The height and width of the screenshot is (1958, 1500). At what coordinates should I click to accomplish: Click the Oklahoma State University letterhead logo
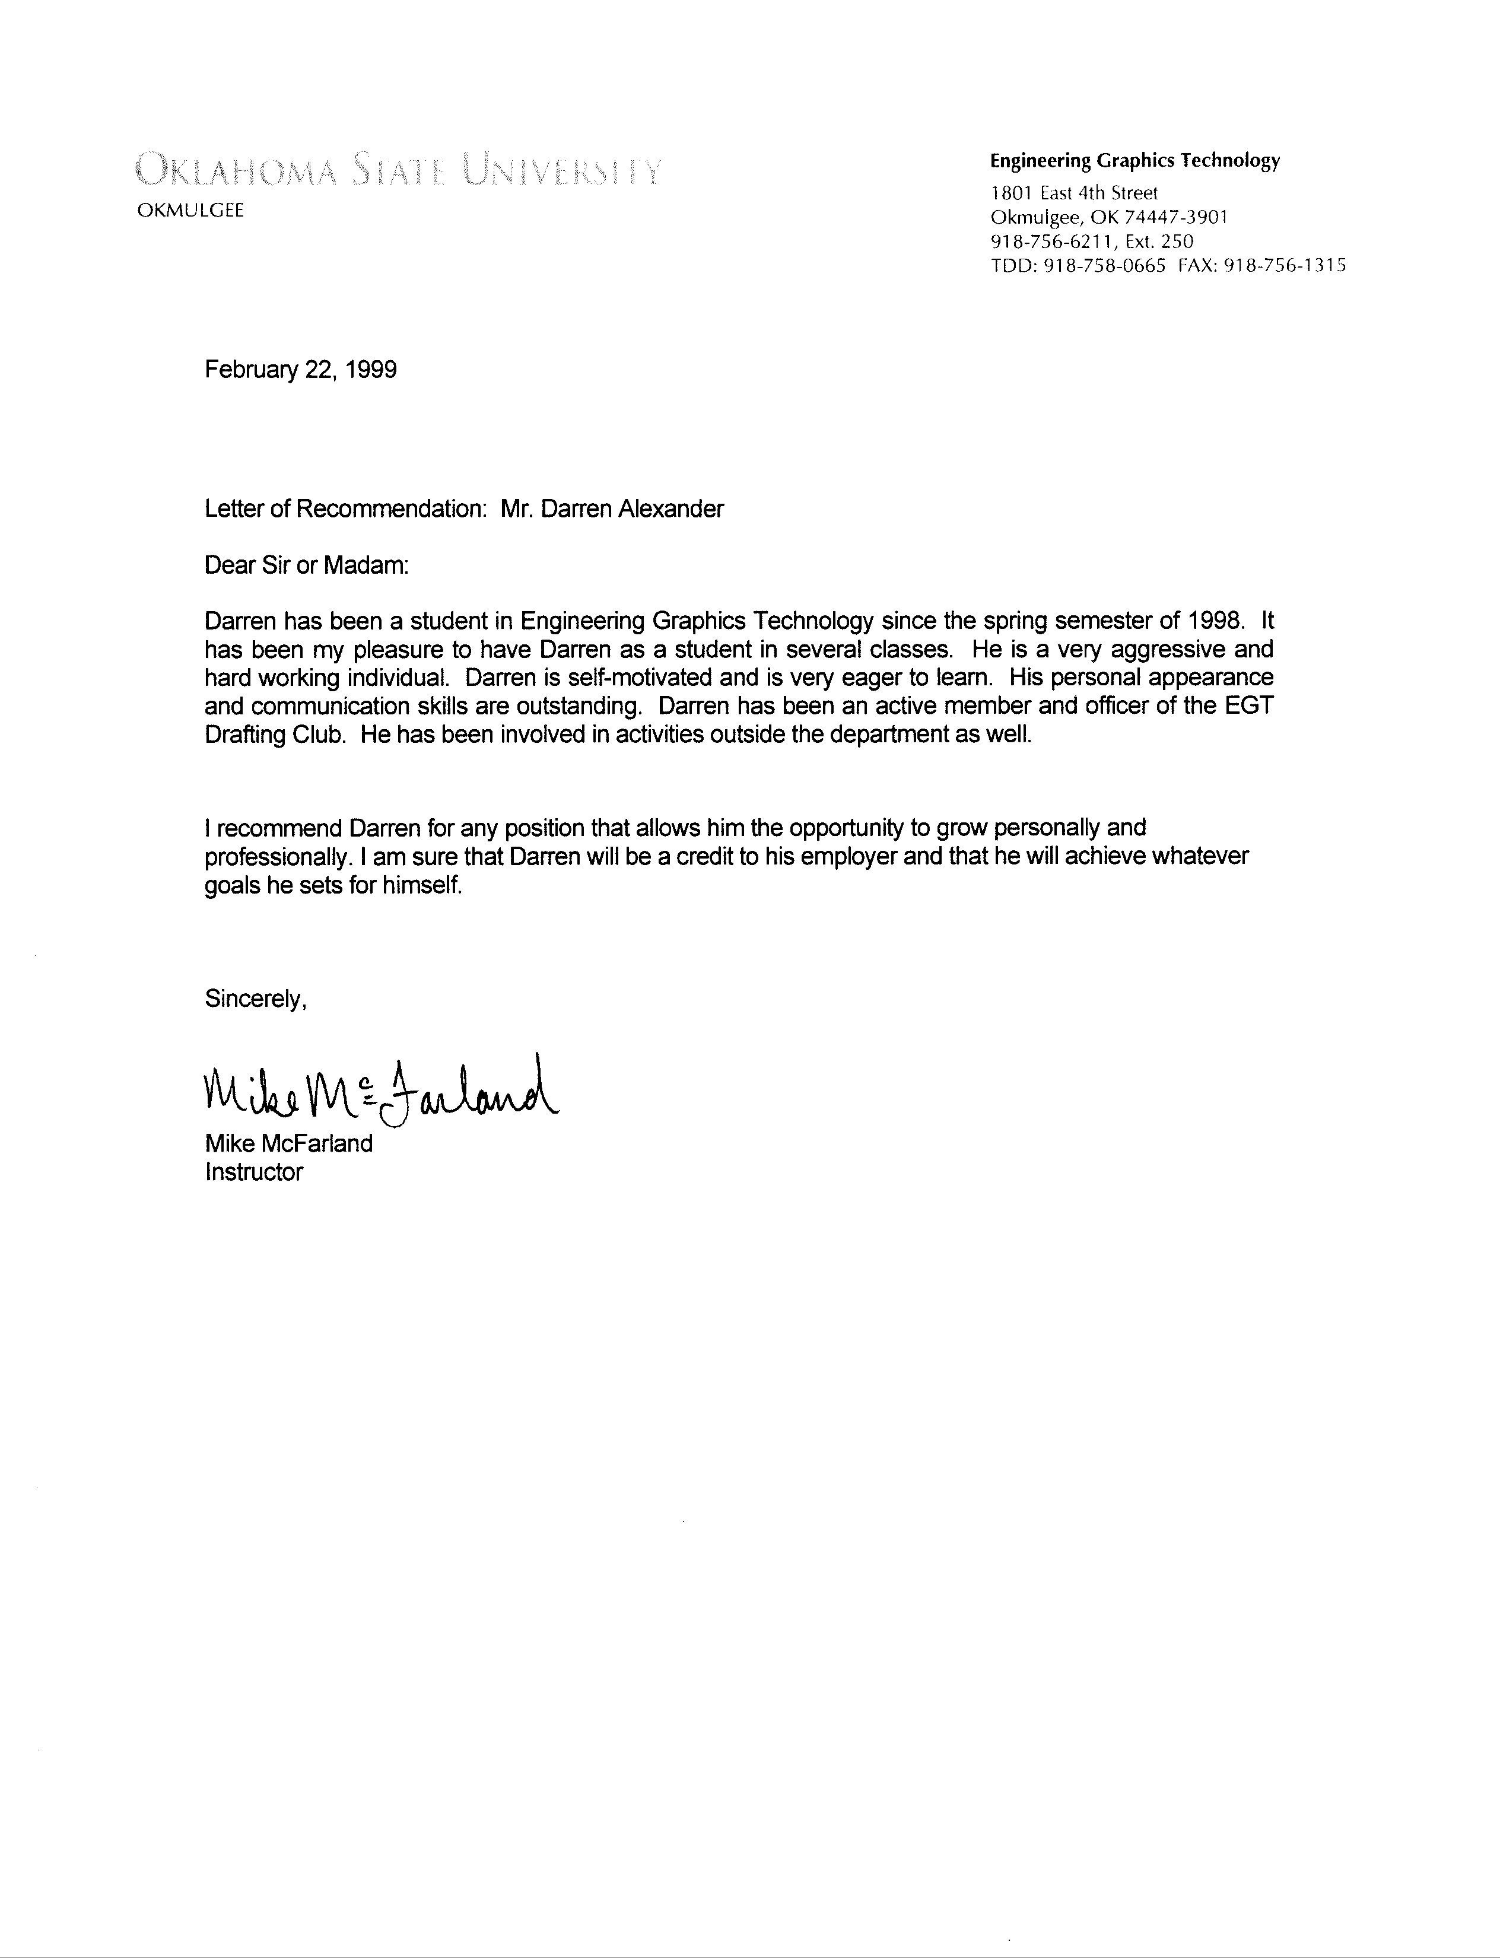click(398, 169)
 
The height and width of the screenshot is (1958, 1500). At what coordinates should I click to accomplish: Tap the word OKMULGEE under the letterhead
click(189, 212)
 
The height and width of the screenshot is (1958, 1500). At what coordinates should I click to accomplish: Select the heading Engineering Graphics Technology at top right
click(1135, 161)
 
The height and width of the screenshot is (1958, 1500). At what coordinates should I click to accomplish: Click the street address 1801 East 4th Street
click(1074, 193)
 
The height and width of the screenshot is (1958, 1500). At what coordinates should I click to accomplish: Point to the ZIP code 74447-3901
click(1174, 217)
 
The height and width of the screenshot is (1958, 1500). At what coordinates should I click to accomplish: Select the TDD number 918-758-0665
click(1104, 265)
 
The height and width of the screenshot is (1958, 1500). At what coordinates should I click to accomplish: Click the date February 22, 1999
click(301, 370)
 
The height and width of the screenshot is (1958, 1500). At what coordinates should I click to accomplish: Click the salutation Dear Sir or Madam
click(306, 566)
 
